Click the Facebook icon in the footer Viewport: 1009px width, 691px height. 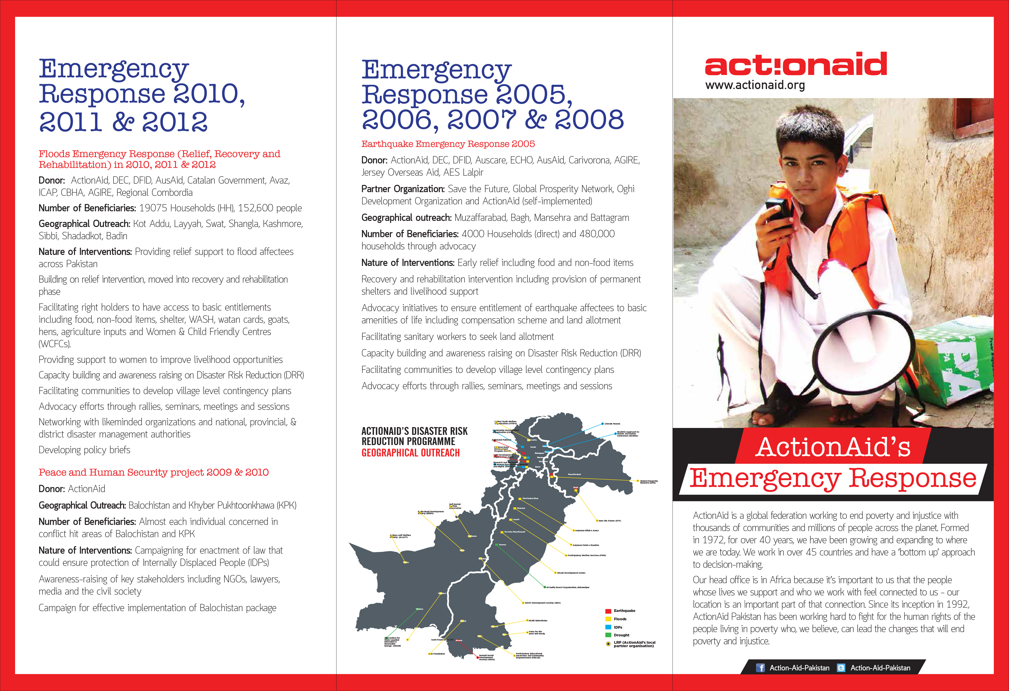click(760, 668)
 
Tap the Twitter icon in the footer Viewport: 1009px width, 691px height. click(841, 668)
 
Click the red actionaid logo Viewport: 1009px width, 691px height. click(795, 64)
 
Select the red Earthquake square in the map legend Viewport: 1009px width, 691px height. click(608, 611)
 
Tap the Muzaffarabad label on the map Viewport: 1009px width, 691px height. click(574, 474)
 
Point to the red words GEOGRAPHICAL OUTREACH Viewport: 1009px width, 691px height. click(410, 453)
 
